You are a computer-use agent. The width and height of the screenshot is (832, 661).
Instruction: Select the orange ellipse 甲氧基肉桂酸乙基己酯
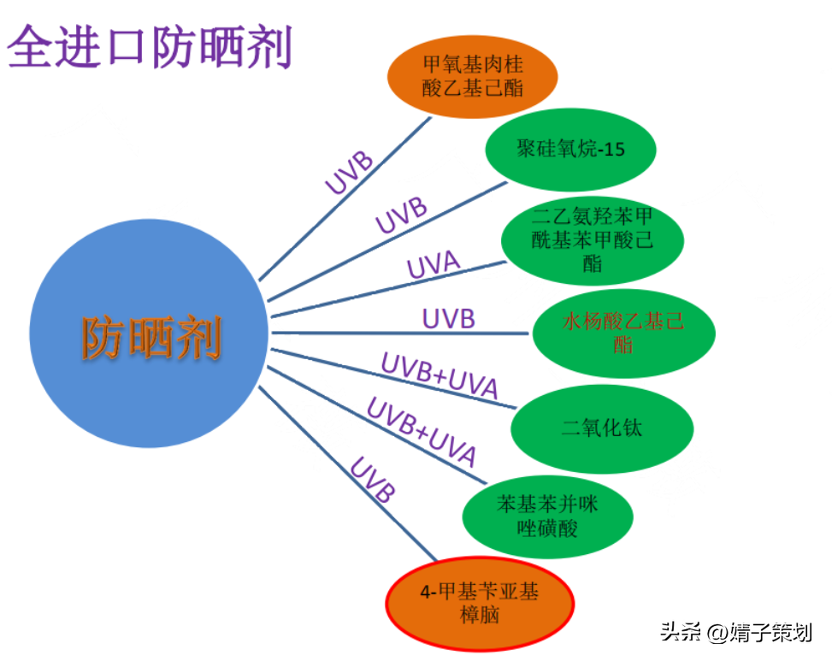click(x=472, y=76)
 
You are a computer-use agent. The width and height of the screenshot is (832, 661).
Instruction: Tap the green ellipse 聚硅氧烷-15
click(x=570, y=150)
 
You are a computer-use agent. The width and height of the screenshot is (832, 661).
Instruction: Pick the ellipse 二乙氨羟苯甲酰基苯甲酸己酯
click(x=592, y=239)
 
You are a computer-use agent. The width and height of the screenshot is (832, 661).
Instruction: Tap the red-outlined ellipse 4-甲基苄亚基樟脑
click(x=480, y=603)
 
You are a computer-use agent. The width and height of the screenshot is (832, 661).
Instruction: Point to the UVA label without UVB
click(x=434, y=266)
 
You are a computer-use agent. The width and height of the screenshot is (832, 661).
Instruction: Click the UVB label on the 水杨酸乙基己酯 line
click(x=448, y=319)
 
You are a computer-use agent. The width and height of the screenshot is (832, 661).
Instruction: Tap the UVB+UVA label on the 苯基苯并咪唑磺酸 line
click(x=422, y=430)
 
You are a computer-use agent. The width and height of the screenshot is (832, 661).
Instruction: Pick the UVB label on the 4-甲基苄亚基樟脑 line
click(x=373, y=481)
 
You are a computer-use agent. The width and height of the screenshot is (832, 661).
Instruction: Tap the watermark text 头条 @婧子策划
click(x=735, y=633)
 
